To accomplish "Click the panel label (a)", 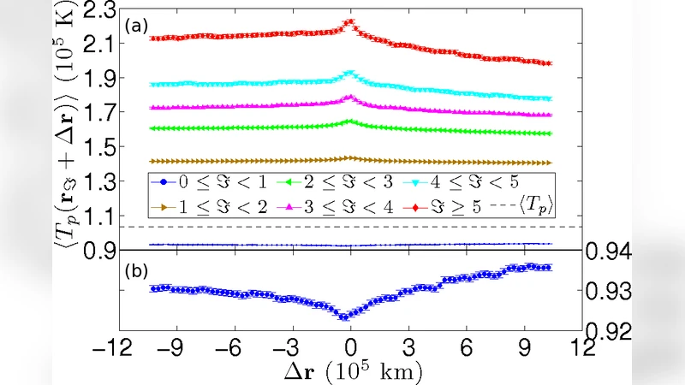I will (137, 27).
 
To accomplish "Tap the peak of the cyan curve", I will (348, 74).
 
